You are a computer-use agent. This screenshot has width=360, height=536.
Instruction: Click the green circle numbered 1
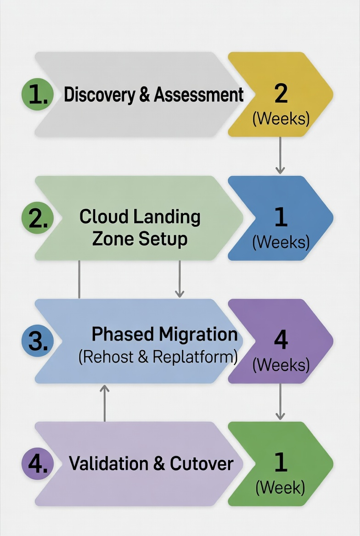click(38, 95)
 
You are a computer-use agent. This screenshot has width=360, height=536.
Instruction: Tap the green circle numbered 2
click(38, 218)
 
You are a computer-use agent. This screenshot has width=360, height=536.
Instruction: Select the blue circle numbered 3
click(38, 341)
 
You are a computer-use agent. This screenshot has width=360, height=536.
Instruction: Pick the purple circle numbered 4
click(38, 464)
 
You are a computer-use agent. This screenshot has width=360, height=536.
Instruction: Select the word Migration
click(198, 334)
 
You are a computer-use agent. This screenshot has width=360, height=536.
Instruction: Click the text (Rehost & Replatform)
click(158, 357)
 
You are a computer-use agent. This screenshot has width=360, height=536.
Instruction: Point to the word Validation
click(108, 464)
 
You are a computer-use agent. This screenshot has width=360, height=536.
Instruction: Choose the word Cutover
click(202, 464)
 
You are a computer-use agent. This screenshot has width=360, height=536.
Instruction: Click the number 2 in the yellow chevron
click(281, 93)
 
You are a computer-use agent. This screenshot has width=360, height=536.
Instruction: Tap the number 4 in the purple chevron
click(281, 340)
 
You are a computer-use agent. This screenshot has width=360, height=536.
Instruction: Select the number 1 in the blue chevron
click(281, 217)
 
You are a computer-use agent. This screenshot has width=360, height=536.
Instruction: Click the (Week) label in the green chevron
click(281, 487)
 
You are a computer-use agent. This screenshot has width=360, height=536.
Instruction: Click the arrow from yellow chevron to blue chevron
click(280, 156)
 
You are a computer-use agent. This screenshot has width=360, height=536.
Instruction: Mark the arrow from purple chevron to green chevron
click(280, 402)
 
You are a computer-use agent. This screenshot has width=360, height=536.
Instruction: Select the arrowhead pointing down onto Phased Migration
click(180, 293)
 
